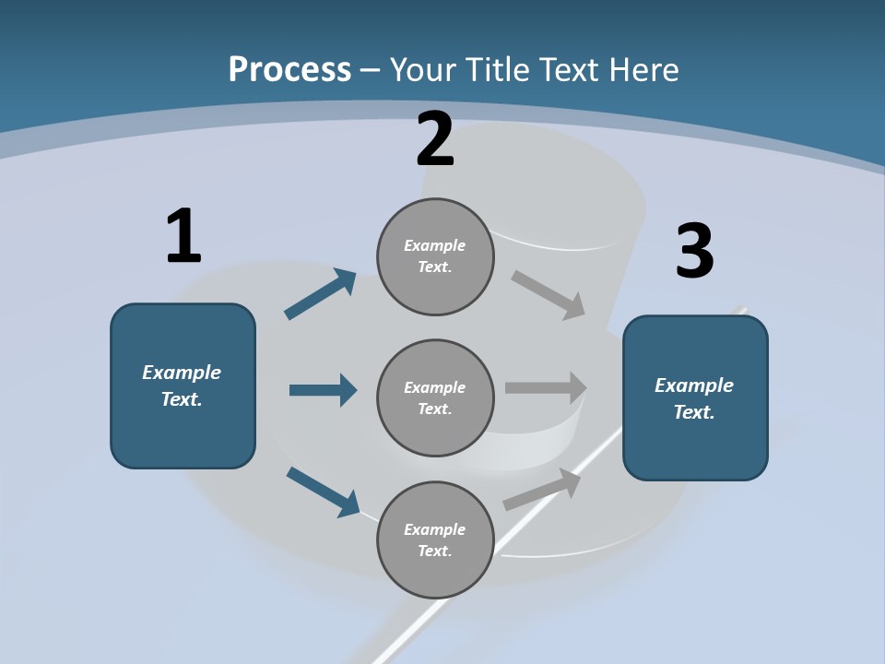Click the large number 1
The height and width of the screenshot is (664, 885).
click(x=183, y=236)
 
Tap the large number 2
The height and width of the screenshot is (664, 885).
click(x=435, y=140)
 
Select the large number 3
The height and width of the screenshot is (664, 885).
click(x=694, y=252)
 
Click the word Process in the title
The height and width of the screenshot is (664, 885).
click(x=289, y=69)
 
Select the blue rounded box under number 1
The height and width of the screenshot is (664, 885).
click(x=183, y=385)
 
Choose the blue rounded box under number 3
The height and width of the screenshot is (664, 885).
click(x=695, y=398)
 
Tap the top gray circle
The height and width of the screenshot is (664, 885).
click(x=435, y=256)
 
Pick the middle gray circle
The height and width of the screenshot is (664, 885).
click(x=435, y=398)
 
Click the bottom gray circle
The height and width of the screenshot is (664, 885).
click(x=435, y=540)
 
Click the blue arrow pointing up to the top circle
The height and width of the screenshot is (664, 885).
click(x=321, y=294)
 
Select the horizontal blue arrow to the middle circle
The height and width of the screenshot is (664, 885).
click(x=323, y=390)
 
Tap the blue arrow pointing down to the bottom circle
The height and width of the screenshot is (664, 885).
click(x=323, y=492)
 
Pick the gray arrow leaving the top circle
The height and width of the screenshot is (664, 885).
click(x=549, y=294)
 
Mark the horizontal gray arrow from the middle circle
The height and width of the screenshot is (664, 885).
click(x=546, y=388)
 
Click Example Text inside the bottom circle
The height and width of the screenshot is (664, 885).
click(x=435, y=540)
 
